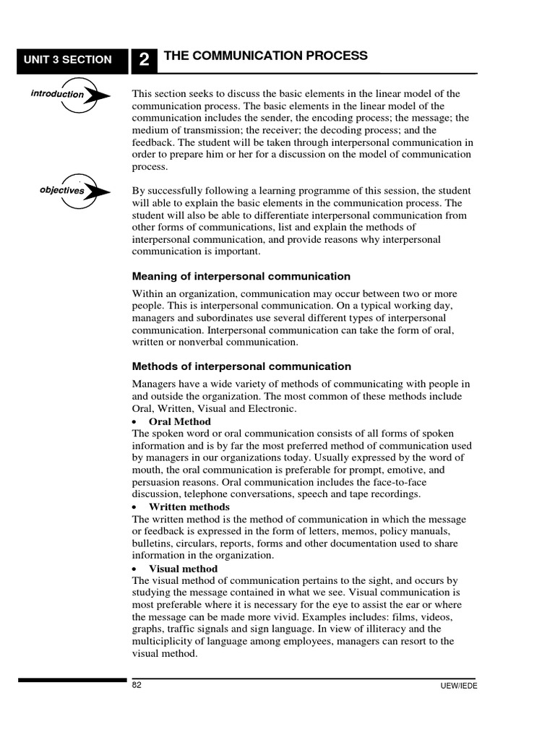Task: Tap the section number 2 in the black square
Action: [x=145, y=61]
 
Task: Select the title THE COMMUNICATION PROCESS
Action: [x=266, y=56]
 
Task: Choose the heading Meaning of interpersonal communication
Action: [x=241, y=276]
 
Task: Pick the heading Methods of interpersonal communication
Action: [x=241, y=366]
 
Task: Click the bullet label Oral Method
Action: [x=179, y=421]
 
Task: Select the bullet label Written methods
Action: [x=189, y=507]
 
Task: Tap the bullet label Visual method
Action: [x=183, y=569]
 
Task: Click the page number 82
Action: [x=137, y=685]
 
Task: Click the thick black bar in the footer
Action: [x=72, y=680]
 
